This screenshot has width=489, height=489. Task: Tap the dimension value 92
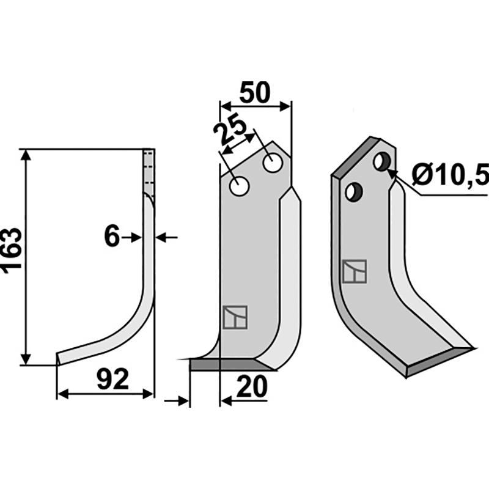(112, 379)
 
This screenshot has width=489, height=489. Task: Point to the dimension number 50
(255, 93)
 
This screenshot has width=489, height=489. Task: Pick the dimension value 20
(252, 386)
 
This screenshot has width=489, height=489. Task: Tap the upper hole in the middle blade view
(273, 163)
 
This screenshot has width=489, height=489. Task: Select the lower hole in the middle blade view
(239, 186)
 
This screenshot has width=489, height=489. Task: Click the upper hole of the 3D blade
(381, 161)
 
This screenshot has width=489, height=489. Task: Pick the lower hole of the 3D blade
(354, 192)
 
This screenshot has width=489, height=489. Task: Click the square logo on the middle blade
(235, 317)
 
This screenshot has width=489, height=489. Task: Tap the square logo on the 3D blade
(355, 271)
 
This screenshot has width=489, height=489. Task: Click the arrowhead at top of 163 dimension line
(26, 155)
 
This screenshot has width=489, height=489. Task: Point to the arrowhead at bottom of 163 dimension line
(26, 359)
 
